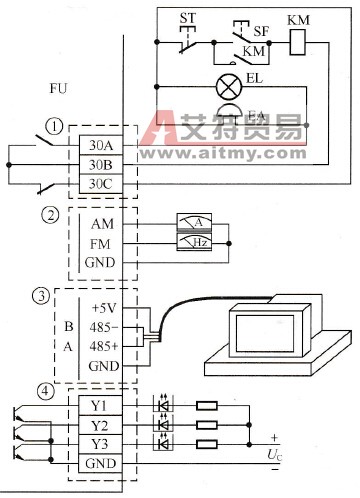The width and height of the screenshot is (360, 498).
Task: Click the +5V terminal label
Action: [103, 307]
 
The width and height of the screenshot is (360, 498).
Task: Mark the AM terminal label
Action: [102, 224]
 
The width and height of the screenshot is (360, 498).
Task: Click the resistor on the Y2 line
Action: [207, 425]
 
